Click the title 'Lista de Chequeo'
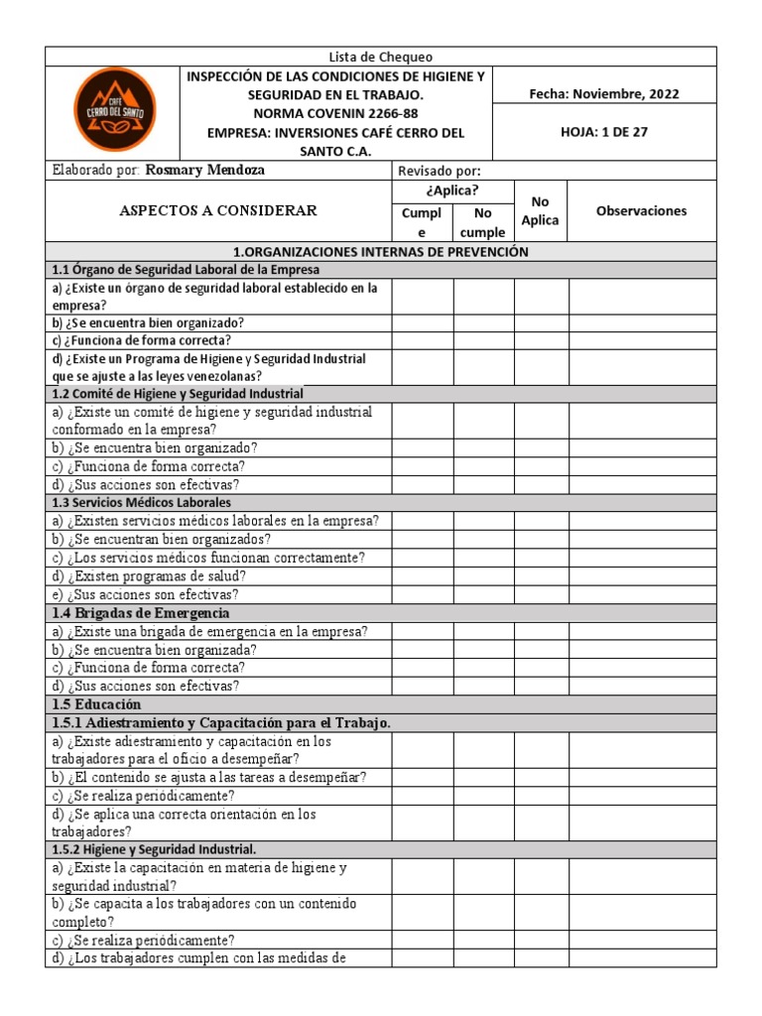tap(381, 57)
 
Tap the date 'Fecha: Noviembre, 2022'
tap(604, 94)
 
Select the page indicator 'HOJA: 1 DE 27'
tap(604, 132)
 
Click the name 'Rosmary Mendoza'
tap(205, 170)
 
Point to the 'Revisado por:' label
tap(439, 171)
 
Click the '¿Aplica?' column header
tap(452, 190)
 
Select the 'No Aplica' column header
tap(541, 210)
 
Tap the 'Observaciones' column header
tap(641, 210)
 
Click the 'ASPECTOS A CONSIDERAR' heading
tap(218, 210)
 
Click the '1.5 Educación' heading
tap(89, 703)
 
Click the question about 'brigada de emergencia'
tap(209, 631)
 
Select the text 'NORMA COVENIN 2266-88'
tap(336, 113)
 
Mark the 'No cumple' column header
tap(483, 222)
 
